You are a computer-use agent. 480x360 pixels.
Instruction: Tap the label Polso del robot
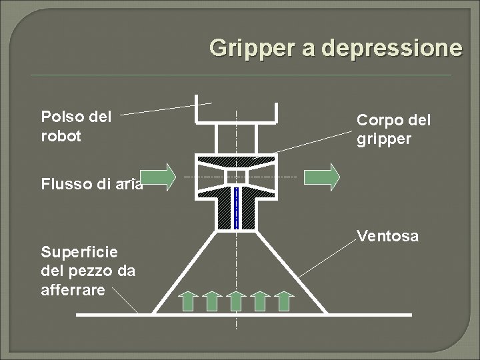[x=76, y=127]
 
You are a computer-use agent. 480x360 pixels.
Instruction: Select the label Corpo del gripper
[x=393, y=129]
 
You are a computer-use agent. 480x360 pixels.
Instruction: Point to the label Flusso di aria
[x=92, y=185]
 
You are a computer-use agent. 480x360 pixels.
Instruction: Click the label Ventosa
[x=387, y=236]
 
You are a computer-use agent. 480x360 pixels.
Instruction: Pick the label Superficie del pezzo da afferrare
[x=88, y=271]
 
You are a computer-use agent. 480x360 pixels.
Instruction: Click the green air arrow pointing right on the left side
[x=159, y=177]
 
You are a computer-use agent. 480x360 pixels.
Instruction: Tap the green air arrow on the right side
[x=322, y=177]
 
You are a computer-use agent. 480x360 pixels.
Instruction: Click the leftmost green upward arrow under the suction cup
[x=188, y=300]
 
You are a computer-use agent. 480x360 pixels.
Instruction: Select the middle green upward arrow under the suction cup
[x=236, y=300]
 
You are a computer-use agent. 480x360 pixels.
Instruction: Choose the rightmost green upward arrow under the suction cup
[x=284, y=300]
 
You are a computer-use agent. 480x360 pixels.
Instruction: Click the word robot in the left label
[x=61, y=136]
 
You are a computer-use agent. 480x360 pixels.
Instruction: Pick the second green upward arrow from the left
[x=212, y=300]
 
